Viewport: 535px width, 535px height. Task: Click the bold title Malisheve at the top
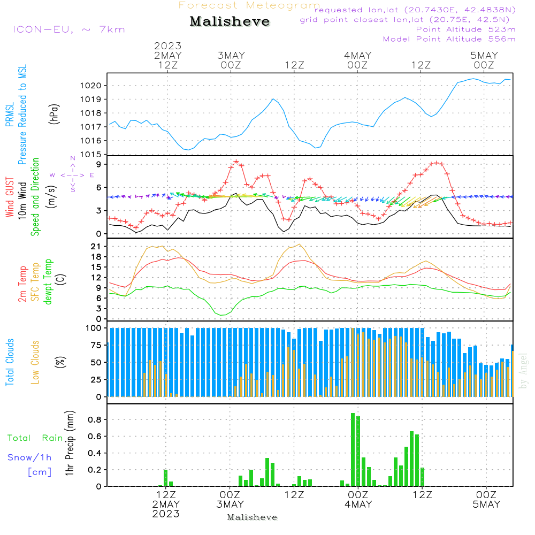230,22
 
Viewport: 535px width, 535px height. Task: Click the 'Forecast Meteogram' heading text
249,5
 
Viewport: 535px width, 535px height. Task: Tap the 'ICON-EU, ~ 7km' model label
68,29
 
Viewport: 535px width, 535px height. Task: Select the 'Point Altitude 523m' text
465,29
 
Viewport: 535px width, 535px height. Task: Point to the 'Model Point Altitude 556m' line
449,39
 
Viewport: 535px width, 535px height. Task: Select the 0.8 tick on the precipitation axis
95,420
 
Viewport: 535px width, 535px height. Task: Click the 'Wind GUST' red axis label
10,197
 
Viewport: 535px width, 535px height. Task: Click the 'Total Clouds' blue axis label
10,362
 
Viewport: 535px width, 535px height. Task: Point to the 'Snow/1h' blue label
29,457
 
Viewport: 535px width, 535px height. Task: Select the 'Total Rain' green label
35,438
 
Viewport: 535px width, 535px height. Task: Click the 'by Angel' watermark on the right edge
523,371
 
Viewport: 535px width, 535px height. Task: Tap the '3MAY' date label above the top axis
231,55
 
